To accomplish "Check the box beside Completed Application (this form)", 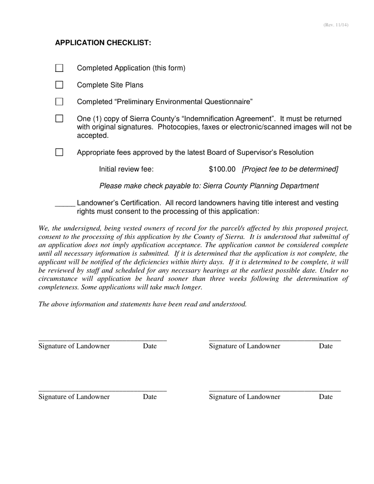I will [59, 68].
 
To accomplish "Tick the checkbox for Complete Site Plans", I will [59, 85].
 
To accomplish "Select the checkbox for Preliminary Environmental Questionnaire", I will [59, 102].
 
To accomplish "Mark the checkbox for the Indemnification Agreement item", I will [59, 118].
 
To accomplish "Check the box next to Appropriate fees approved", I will [59, 152].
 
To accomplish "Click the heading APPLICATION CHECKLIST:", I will [103, 43].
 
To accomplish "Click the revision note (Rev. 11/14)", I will [336, 25].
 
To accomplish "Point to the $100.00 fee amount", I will [222, 169].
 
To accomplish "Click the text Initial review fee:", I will [126, 169].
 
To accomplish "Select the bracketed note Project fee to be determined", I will [290, 169].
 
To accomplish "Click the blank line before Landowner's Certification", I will [65, 205].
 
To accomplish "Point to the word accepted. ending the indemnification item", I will [93, 136].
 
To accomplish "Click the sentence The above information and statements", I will [143, 304].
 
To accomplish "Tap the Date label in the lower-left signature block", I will [150, 397].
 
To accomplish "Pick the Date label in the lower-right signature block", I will [326, 397].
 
